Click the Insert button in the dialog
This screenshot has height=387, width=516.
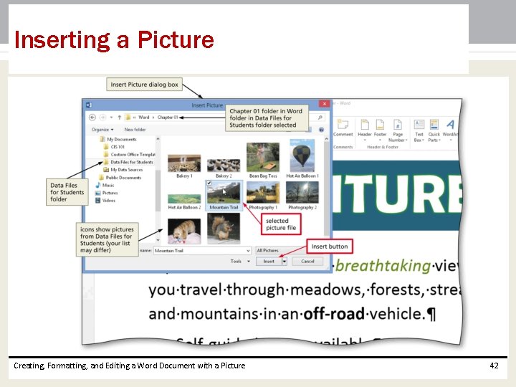coord(268,262)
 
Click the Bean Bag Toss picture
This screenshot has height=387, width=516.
coord(263,158)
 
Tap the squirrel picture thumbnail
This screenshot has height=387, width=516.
coord(224,229)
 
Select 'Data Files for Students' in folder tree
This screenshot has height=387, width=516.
coord(132,162)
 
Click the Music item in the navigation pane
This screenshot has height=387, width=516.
coord(108,185)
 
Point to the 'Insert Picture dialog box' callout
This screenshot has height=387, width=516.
coord(144,85)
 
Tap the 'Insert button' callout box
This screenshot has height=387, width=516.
coord(330,247)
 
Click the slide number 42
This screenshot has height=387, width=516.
coord(494,365)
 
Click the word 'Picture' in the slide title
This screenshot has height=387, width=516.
coord(176,40)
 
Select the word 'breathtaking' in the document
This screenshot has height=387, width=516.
coord(383,266)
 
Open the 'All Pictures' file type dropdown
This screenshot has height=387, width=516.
coord(282,251)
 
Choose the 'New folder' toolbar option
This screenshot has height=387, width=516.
coord(135,130)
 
